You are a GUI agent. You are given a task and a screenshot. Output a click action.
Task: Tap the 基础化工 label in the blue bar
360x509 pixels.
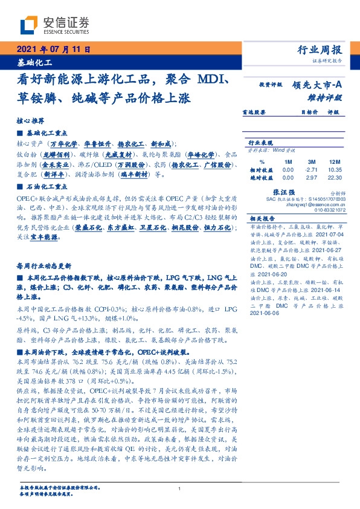34,62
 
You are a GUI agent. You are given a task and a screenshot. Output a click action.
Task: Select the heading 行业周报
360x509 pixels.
319,50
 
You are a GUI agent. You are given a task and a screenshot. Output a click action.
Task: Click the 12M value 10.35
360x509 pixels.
333,170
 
